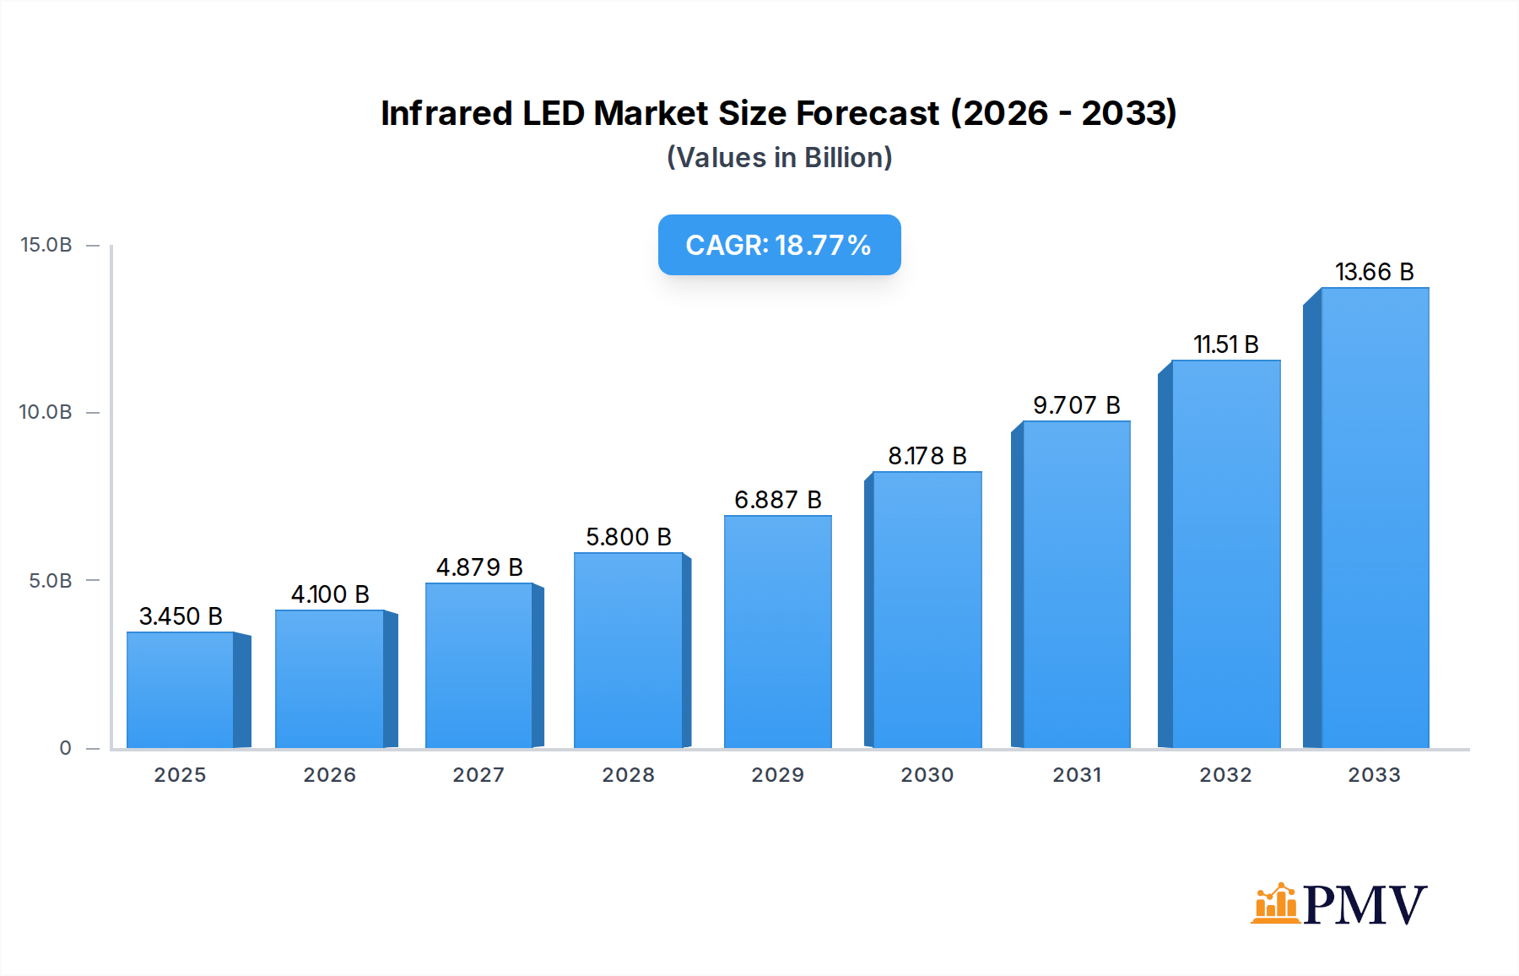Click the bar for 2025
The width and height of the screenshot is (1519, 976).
[181, 691]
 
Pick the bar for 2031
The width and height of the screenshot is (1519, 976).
[1076, 584]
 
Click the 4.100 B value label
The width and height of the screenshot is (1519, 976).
[330, 594]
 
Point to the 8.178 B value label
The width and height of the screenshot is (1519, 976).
[927, 456]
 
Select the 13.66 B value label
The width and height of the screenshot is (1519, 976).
[1374, 272]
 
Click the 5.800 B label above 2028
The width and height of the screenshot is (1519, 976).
[629, 537]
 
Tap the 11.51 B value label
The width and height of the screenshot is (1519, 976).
[1225, 344]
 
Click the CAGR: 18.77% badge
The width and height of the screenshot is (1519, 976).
[779, 245]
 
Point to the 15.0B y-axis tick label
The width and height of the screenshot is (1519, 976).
[46, 245]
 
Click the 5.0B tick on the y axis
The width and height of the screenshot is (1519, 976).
[51, 581]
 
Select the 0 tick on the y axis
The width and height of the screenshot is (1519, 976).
[66, 748]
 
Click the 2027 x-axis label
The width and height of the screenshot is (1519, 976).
[478, 775]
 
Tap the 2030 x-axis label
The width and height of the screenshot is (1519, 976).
[927, 775]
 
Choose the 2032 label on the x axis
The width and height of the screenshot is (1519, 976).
[1225, 775]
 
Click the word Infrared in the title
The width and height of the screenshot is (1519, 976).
[446, 113]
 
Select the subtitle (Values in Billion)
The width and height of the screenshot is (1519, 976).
[779, 158]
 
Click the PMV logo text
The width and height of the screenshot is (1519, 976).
[1365, 905]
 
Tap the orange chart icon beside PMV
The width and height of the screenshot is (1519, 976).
[1275, 903]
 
